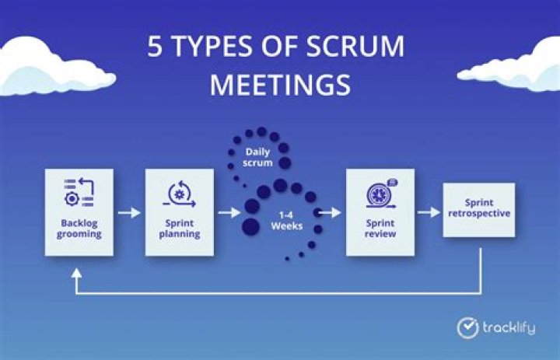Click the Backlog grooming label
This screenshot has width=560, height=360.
tap(79, 227)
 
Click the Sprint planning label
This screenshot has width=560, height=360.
tap(180, 227)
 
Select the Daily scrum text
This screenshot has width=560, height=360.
tap(258, 156)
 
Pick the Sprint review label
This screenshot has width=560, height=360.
tap(380, 227)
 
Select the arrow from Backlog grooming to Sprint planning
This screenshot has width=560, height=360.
tap(129, 211)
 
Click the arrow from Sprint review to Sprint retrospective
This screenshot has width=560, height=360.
tap(429, 211)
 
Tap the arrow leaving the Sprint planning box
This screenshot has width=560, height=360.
tap(229, 211)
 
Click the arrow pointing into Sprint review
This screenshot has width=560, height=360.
tap(330, 211)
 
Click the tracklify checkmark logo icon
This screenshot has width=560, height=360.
tap(467, 327)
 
